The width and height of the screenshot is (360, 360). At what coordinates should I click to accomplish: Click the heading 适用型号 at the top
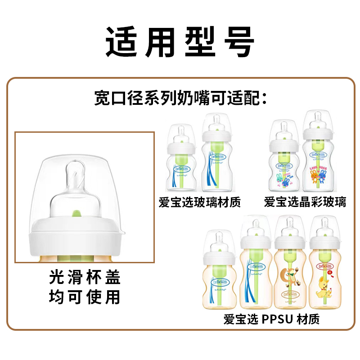click(180, 41)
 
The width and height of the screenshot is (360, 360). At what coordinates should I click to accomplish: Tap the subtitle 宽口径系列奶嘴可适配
click(180, 97)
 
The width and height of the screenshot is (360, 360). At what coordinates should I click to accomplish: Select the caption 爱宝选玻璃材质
click(200, 202)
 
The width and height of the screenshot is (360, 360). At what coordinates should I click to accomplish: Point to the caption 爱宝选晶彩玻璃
click(305, 202)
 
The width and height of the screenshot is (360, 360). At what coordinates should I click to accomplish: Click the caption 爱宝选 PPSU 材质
click(271, 319)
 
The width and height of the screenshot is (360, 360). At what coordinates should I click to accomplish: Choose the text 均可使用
click(85, 297)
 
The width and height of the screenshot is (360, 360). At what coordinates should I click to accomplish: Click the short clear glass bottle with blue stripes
click(182, 162)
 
